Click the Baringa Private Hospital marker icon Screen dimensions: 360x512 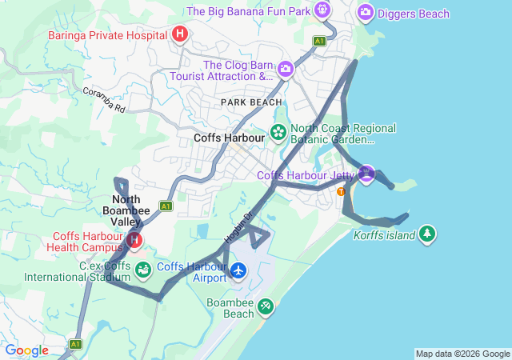[180, 34]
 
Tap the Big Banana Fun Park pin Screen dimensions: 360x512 [322, 10]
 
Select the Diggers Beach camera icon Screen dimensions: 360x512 [366, 12]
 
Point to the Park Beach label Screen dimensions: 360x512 [252, 102]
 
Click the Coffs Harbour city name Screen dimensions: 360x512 [230, 138]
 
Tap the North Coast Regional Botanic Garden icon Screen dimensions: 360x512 [278, 132]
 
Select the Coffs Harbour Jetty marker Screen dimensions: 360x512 [366, 173]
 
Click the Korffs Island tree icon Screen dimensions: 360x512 [428, 233]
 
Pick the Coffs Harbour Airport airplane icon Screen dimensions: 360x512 [238, 271]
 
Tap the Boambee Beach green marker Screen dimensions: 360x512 [265, 306]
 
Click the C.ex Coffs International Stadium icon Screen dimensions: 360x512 [142, 270]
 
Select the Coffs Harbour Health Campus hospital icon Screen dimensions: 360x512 [134, 239]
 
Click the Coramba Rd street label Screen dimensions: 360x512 [104, 99]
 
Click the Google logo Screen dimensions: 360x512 [26, 350]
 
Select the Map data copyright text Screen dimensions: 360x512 [462, 354]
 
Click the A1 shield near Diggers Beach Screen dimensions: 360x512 [320, 41]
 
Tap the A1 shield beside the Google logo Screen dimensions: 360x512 [75, 345]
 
